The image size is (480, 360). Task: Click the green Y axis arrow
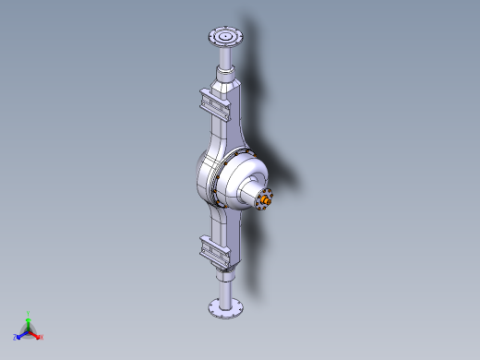coord(29,318)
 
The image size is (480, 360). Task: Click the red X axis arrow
coord(35,334)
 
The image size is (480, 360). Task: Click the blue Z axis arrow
coord(21,333)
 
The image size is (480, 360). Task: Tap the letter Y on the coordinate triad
coord(29,313)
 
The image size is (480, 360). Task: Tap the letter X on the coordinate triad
coord(41,337)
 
